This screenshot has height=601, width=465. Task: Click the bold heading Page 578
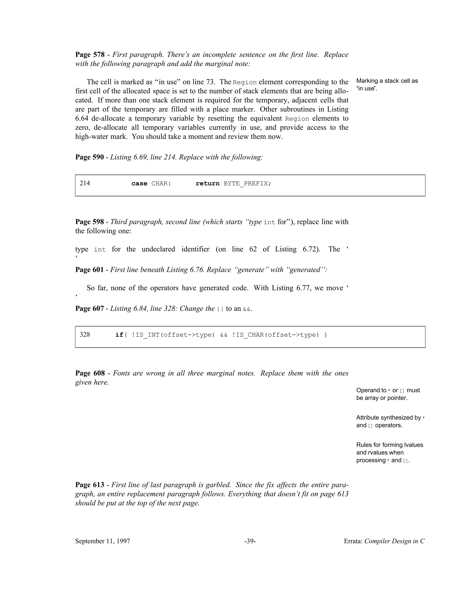pos(90,54)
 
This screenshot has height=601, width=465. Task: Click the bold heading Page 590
pos(89,157)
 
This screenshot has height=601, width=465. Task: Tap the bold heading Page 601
pos(89,270)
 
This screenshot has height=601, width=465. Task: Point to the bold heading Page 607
pos(89,308)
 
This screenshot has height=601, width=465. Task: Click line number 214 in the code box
pos(85,183)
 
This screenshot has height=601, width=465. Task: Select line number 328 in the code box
pos(85,335)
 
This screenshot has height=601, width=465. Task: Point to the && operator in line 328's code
pos(224,335)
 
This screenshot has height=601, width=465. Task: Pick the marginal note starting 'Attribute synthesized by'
pos(390,421)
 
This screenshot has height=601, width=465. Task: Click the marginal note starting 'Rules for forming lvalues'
pos(390,452)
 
